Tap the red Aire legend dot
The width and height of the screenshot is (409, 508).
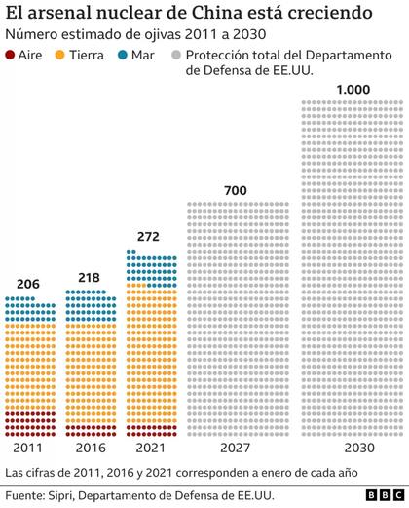(x=11, y=58)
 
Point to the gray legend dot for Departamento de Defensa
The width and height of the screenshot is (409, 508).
(x=176, y=58)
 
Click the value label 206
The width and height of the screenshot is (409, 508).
(x=28, y=285)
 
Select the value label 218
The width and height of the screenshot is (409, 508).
(x=89, y=278)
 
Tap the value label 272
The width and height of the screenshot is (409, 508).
(x=149, y=237)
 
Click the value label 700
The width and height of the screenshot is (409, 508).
(x=236, y=189)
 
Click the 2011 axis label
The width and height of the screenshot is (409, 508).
(x=29, y=448)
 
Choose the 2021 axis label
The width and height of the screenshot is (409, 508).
(x=149, y=448)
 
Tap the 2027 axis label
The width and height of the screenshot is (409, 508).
(x=236, y=448)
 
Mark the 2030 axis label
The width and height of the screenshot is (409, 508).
(x=354, y=448)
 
